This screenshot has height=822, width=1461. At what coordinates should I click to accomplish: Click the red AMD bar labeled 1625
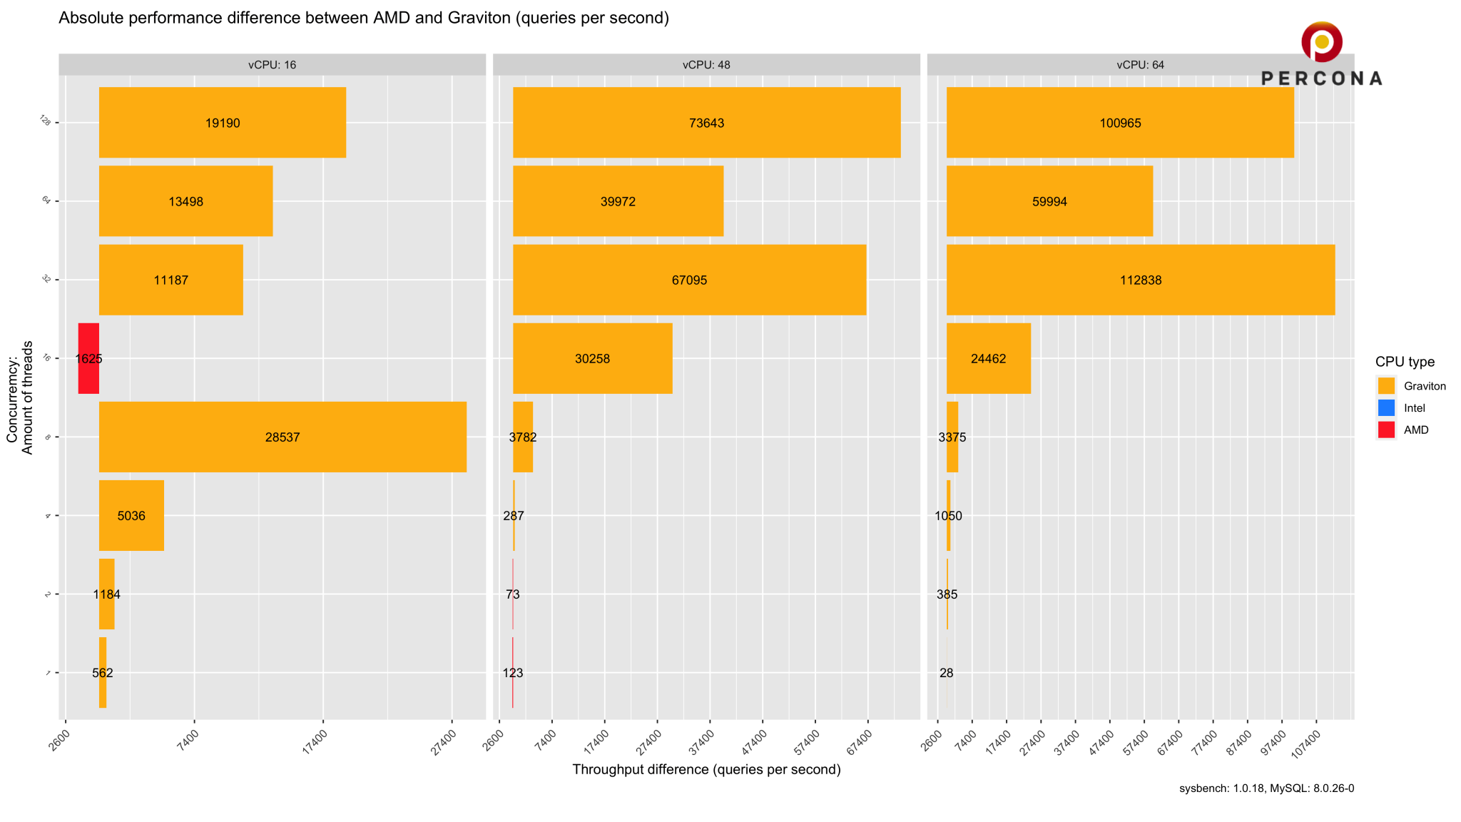(88, 358)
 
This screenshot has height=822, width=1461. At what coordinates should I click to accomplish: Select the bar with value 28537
(282, 437)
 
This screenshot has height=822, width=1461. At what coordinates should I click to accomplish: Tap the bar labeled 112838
(1140, 280)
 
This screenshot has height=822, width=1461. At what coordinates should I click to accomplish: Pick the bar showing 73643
(706, 123)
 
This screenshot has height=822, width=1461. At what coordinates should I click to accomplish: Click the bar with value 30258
(592, 358)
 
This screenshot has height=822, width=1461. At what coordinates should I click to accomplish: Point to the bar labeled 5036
(131, 515)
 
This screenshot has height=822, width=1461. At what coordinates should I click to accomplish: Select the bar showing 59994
(1049, 201)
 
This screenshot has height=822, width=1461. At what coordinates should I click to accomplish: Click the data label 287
(514, 516)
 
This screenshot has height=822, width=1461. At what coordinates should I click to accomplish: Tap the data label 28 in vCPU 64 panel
(947, 673)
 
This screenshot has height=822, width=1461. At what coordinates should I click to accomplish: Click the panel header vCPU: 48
(706, 65)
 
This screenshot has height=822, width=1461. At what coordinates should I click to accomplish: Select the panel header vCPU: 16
(272, 65)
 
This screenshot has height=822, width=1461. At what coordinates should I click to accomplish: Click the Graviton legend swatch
(1386, 386)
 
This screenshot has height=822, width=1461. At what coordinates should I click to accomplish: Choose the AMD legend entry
(1415, 430)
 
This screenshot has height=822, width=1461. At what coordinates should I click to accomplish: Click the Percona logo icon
(1321, 41)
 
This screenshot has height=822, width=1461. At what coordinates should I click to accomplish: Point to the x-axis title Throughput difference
(706, 769)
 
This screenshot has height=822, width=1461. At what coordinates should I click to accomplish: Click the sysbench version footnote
(1266, 788)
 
